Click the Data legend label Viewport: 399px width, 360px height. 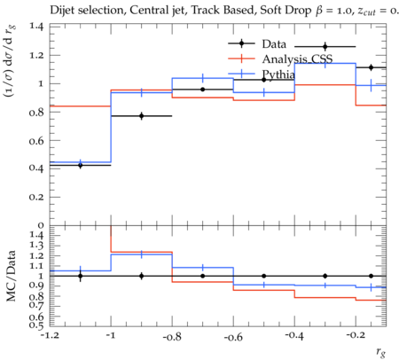[274, 44]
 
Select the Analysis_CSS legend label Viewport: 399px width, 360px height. [297, 59]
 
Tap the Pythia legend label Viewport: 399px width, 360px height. [278, 74]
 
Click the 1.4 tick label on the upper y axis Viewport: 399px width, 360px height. [36, 27]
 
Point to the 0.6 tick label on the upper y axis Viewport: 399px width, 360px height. [36, 140]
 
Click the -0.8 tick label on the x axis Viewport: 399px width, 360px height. [172, 336]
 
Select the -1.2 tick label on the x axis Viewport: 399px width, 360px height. [50, 336]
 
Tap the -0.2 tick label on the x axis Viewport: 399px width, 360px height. [356, 336]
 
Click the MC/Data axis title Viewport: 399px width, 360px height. [11, 276]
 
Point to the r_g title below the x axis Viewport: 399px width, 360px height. [381, 352]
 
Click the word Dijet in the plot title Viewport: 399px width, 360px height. [62, 11]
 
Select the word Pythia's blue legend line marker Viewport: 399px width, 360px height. [241, 74]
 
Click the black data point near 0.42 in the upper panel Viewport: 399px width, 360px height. [80, 165]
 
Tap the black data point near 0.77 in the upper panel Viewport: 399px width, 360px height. [142, 116]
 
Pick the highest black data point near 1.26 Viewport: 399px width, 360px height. [325, 47]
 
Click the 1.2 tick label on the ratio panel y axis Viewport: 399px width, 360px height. [36, 255]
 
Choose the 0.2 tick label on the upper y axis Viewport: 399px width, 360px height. [36, 197]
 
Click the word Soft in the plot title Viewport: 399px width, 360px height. [270, 10]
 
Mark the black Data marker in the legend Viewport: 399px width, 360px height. [241, 43]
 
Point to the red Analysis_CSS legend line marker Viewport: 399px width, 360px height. [241, 59]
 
